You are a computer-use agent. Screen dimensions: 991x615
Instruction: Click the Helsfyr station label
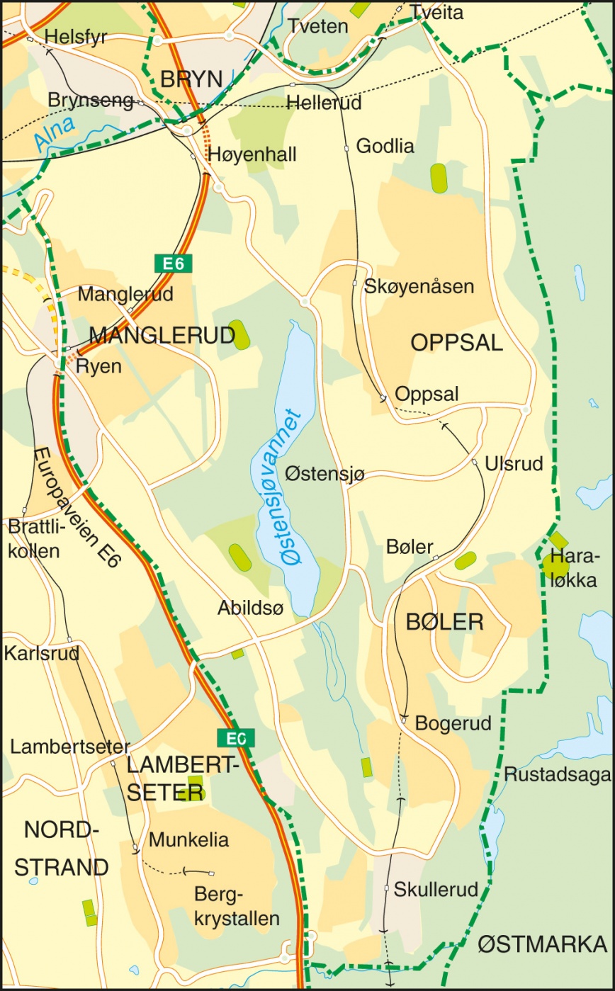[x=75, y=37]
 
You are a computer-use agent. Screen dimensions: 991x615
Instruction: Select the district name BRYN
[x=191, y=79]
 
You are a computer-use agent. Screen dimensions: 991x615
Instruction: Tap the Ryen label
[x=98, y=366]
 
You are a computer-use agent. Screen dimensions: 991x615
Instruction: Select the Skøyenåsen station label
[x=419, y=286]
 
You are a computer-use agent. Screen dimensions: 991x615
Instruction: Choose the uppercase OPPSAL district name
[x=456, y=343]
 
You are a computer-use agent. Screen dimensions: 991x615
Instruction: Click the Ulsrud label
[x=514, y=464]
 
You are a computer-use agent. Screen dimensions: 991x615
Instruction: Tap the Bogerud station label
[x=453, y=723]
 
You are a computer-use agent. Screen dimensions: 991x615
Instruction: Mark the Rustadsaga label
[x=557, y=774]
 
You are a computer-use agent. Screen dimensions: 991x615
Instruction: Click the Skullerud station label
[x=436, y=888]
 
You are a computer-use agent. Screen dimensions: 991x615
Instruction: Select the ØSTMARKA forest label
[x=542, y=944]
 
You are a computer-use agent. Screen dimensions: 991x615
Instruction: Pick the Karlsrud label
[x=41, y=653]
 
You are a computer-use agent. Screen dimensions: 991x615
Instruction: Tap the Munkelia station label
[x=188, y=840]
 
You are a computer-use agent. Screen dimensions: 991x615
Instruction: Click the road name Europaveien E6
[x=77, y=507]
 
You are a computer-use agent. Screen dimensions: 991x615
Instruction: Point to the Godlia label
[x=385, y=146]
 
